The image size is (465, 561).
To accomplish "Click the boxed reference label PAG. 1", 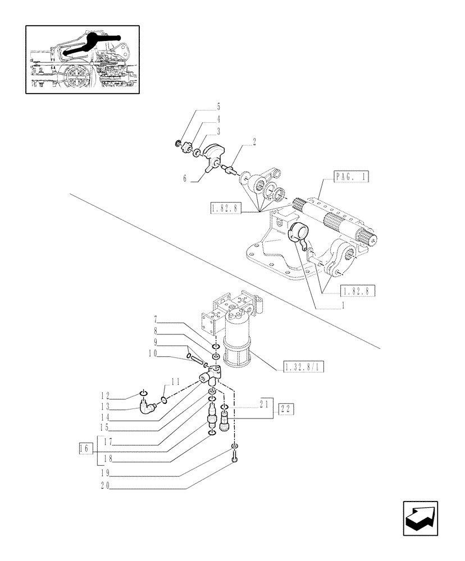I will (x=351, y=178).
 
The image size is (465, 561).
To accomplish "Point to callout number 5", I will (x=218, y=106).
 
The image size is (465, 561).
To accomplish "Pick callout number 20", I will (x=104, y=487).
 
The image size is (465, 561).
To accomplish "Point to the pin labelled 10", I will (x=193, y=358).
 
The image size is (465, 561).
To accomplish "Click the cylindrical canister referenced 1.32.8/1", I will (x=239, y=348).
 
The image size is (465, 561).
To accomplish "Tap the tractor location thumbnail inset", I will (x=83, y=58).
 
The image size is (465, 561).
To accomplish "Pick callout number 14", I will (x=104, y=417).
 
